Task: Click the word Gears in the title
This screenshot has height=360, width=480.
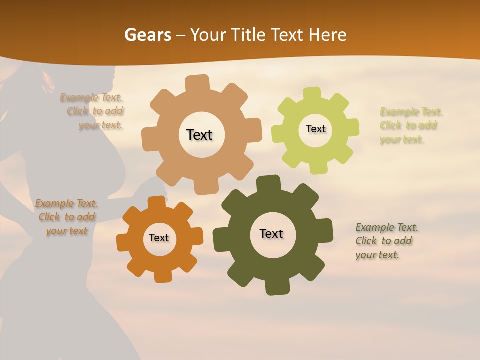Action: (x=147, y=35)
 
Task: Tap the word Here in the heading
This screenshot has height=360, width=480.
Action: (x=328, y=35)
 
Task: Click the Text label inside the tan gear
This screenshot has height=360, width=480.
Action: (x=199, y=135)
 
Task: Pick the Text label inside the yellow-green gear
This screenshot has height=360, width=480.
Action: (x=315, y=129)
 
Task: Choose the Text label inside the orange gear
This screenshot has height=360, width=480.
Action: (x=159, y=238)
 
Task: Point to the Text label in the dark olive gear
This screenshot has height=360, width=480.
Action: (x=271, y=233)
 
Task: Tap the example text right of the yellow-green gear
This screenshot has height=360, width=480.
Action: (x=411, y=125)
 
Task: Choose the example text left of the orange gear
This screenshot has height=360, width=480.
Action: (x=67, y=217)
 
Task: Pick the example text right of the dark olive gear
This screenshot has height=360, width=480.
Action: (x=386, y=241)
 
